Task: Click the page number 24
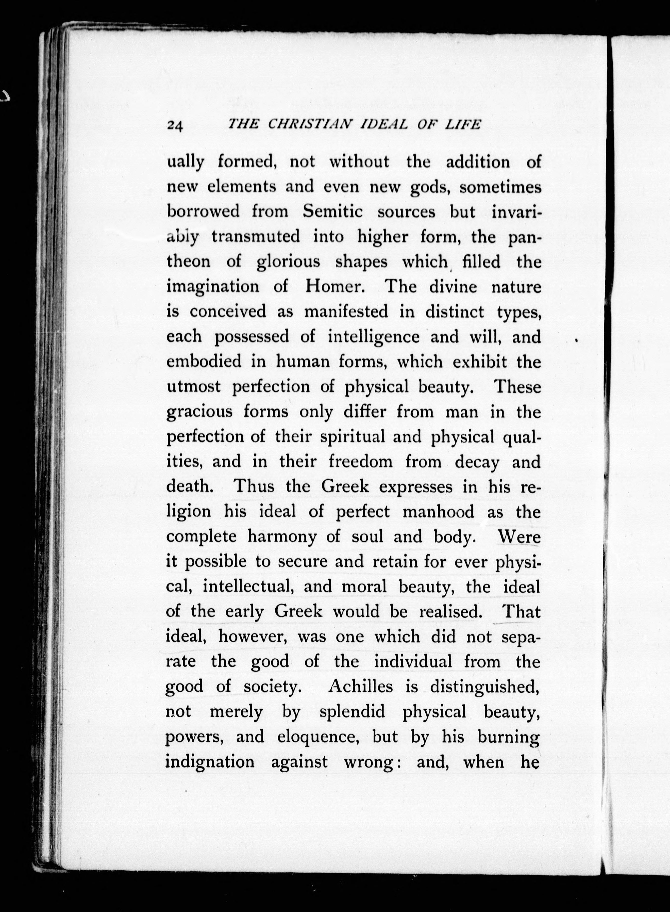[x=175, y=125]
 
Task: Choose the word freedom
[x=361, y=462]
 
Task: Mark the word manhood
[x=439, y=512]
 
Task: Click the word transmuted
[x=256, y=237]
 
